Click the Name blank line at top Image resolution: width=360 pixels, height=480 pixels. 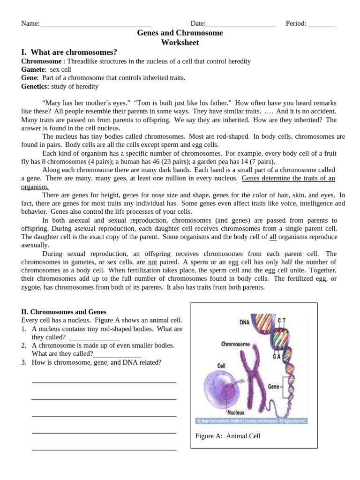coord(95,24)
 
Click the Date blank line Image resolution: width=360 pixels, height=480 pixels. coord(240,24)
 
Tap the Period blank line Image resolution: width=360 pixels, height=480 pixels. coord(321,24)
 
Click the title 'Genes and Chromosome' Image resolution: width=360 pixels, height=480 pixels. coord(180,33)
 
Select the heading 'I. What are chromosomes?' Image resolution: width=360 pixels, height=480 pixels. coord(69,52)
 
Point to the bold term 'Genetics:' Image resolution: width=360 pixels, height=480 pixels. coord(35,86)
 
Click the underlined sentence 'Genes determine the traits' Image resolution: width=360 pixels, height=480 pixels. coord(288,178)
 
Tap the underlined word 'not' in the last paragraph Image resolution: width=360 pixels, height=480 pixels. coord(152,262)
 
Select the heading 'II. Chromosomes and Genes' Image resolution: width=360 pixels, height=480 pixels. coord(64,312)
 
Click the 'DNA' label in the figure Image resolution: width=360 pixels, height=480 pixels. coord(244,322)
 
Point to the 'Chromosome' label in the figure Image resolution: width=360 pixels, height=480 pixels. coord(235,344)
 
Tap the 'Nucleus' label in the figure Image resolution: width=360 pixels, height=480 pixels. coord(236,412)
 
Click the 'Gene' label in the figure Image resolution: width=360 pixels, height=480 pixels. coord(273,387)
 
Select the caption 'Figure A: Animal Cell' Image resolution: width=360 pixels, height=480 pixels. coord(227,436)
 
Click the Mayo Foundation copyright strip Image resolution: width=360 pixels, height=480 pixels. coord(251,421)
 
